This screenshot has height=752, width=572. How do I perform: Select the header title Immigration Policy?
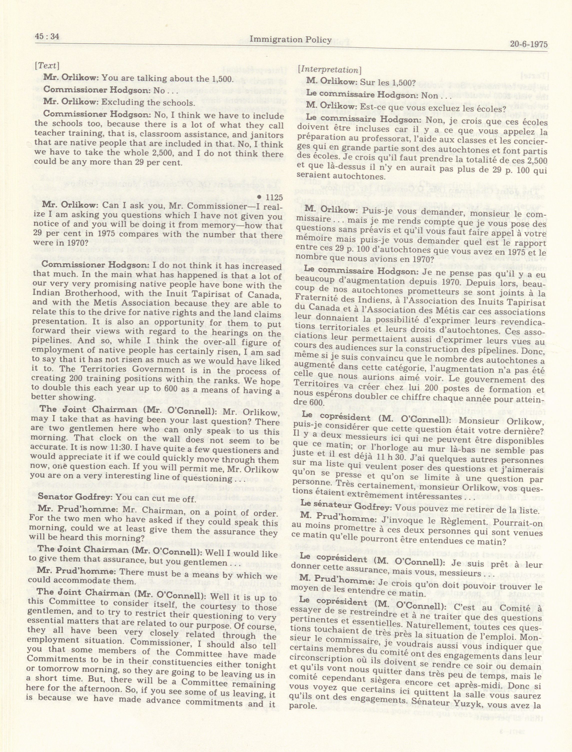(290, 40)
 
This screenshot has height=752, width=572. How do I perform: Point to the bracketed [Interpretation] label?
(329, 70)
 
